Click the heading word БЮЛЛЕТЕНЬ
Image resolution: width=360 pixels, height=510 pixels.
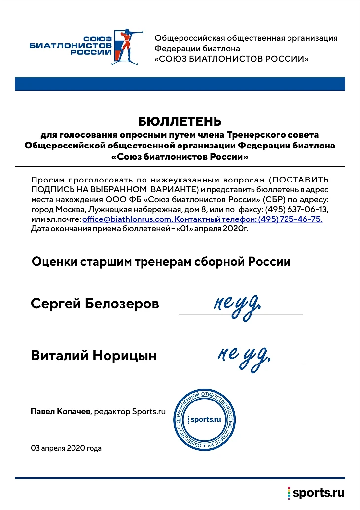coord(180,121)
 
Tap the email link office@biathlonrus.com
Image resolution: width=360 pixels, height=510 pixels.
coord(127,219)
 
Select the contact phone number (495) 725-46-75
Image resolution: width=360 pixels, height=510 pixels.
coord(290,219)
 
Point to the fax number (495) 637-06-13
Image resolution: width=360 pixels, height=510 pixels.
coord(296,209)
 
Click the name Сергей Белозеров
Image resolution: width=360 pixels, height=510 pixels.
coord(95,303)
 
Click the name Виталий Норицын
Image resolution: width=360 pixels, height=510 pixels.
coord(94,355)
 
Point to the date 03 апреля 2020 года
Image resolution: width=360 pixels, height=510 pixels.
coord(66,448)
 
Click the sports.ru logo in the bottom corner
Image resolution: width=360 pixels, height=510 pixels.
coord(316,492)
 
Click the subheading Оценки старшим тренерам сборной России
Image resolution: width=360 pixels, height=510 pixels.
coord(161,261)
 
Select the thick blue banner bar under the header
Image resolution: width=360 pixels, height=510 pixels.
coord(180,84)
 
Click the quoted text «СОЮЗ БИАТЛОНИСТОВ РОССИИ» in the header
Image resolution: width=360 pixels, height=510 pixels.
coord(232,59)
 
